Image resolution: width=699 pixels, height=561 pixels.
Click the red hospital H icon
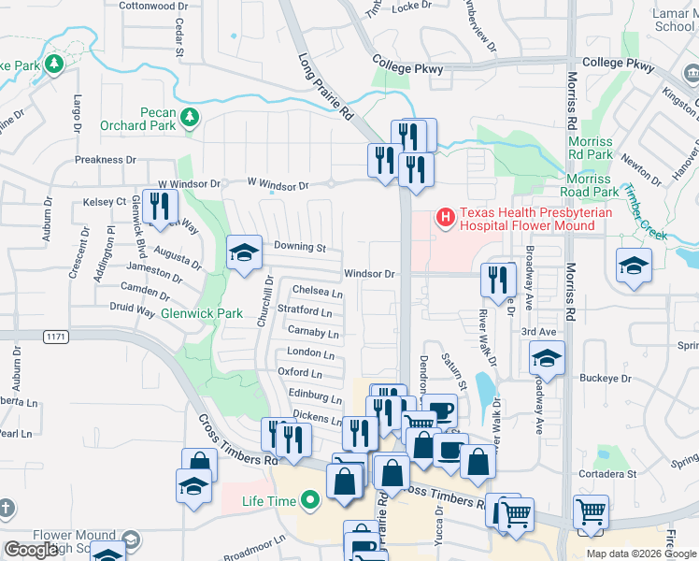[x=446, y=219]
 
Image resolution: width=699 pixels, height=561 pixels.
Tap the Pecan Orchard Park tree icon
[x=191, y=117]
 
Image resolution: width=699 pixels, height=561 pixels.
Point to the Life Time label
[x=268, y=502]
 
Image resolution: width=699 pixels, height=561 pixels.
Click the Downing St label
[x=299, y=248]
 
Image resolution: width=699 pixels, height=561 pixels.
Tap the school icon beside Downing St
[x=244, y=252]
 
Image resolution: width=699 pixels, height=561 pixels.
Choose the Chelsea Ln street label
[x=318, y=292]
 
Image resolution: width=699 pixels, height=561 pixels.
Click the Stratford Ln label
[x=305, y=310]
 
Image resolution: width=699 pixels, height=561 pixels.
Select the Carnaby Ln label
[x=312, y=332]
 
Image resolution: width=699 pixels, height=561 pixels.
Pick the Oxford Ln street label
[x=300, y=372]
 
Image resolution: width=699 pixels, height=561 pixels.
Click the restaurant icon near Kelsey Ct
[x=161, y=206]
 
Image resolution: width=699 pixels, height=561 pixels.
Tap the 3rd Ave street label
[x=538, y=332]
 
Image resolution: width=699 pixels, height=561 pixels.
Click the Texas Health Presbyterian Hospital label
[x=526, y=220]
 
